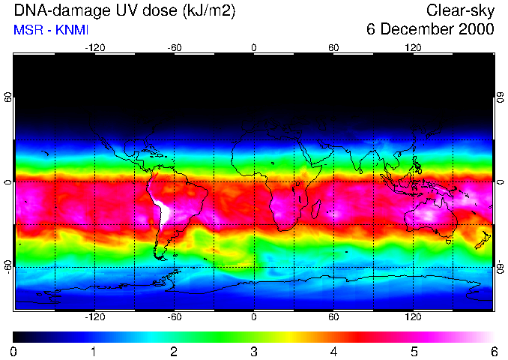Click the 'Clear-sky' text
(460, 11)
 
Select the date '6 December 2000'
(430, 30)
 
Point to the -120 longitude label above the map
(94, 47)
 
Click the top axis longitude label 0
(254, 47)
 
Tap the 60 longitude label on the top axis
(333, 47)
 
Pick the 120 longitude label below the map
(413, 317)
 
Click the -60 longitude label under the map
(174, 317)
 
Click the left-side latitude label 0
(8, 182)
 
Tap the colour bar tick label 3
(254, 351)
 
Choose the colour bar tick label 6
(493, 351)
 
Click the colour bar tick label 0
(14, 351)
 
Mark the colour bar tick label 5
(414, 351)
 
